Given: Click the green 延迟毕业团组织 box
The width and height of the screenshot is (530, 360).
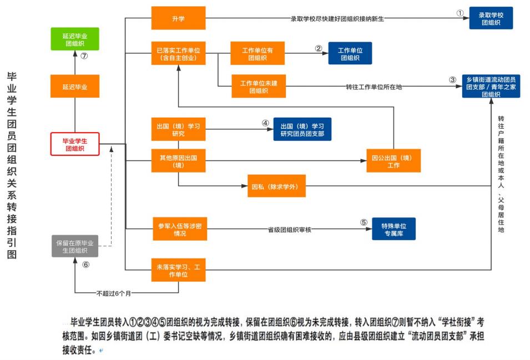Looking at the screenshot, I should click(x=74, y=39).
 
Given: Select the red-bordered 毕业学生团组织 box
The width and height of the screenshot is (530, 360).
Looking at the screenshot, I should click(x=74, y=144).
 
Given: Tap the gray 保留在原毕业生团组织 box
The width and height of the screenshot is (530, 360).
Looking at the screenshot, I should click(x=74, y=246).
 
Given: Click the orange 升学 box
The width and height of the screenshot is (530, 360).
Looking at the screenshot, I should click(x=178, y=18).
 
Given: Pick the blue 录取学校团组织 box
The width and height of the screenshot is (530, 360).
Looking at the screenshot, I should click(x=491, y=18).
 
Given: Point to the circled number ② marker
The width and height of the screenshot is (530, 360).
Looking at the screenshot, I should click(x=319, y=48).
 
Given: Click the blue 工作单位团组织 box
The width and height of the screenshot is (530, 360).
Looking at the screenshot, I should click(x=350, y=53).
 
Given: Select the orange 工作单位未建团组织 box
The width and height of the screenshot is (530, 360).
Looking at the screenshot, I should click(x=259, y=87).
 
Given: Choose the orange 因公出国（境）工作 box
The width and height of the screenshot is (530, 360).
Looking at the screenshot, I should click(x=393, y=161).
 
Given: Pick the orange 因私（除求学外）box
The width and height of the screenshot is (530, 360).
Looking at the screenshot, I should click(x=275, y=186).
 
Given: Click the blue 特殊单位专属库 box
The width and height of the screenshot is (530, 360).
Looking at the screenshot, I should click(x=393, y=229).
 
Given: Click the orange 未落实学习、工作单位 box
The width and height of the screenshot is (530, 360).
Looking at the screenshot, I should click(x=178, y=271).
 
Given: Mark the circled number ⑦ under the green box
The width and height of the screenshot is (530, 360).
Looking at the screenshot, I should click(x=84, y=56).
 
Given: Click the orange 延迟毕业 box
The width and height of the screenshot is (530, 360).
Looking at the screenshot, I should click(x=74, y=87).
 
